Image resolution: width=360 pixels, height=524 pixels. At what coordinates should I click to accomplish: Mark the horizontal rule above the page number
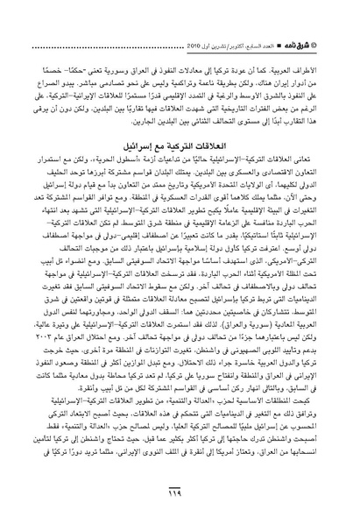[180, 484]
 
